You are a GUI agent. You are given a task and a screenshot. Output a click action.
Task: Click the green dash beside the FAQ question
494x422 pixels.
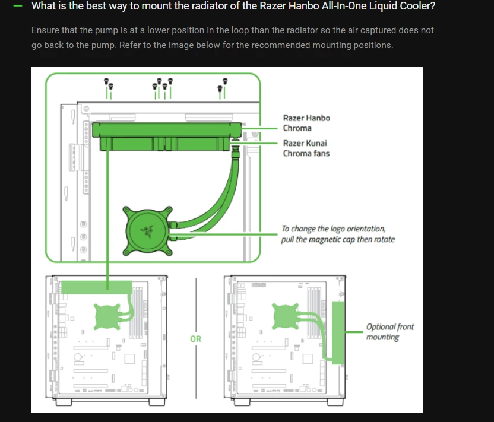point(18,6)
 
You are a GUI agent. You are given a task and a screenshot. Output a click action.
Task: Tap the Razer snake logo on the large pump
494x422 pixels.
point(147,231)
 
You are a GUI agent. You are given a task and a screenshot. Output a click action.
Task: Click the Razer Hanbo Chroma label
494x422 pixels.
point(306,123)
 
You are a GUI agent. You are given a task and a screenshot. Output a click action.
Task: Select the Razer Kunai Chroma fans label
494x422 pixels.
point(306,148)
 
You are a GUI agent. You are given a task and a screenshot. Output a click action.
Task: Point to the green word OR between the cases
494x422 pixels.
point(196,339)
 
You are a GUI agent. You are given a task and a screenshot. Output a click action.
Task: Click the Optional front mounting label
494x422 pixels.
point(389,332)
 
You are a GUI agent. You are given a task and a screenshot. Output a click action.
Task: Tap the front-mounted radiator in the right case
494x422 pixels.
point(338,332)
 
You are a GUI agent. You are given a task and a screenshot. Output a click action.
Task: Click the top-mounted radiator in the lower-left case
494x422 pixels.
point(97,287)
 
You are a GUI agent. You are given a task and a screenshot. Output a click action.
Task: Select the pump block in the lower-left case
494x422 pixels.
point(107,316)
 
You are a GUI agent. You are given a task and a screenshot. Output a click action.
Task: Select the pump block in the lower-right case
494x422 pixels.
point(285,316)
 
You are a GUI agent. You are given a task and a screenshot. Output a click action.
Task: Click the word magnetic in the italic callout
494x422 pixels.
point(325,239)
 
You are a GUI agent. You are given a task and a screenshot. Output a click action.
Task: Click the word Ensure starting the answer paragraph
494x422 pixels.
point(45,30)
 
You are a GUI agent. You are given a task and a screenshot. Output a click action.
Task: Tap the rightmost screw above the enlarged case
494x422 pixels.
point(225,81)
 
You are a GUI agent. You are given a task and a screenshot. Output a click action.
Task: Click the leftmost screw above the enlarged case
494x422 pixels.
point(106,81)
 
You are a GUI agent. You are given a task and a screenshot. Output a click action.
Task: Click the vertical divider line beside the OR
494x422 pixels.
point(196,338)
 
